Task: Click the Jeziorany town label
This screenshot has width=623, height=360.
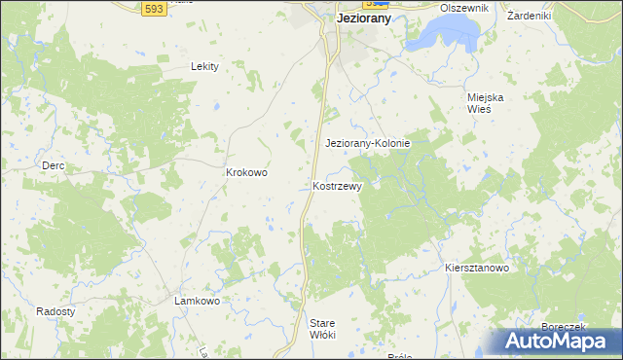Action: click(x=363, y=18)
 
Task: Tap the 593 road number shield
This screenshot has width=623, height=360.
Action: click(x=152, y=8)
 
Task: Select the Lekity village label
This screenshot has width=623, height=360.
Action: click(x=204, y=66)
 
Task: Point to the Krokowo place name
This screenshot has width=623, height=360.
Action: click(x=246, y=172)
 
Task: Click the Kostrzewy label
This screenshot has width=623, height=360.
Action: click(x=338, y=186)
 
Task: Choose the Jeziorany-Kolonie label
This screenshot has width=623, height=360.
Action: click(x=367, y=143)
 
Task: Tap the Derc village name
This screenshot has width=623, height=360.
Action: click(x=53, y=165)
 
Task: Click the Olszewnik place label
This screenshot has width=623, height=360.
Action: click(x=462, y=7)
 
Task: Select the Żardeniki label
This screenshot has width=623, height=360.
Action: click(x=529, y=16)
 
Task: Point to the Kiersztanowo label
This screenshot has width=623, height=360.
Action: click(x=476, y=268)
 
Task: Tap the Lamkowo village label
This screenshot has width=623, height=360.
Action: click(x=197, y=301)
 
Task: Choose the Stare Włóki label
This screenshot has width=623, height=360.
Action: click(x=322, y=328)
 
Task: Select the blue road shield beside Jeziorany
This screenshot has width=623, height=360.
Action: click(x=369, y=4)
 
